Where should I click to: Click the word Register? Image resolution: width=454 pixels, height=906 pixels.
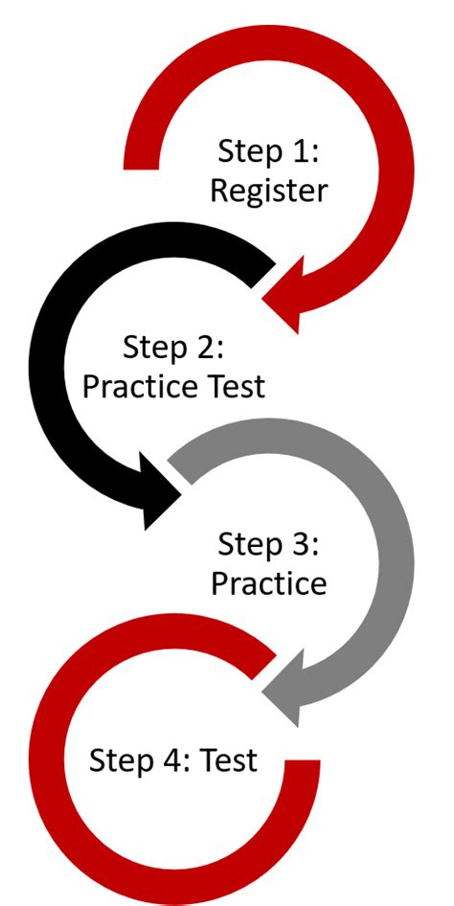268,191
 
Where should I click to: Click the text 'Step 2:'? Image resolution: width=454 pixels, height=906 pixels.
173,347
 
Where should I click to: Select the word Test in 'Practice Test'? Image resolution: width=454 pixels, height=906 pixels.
231,387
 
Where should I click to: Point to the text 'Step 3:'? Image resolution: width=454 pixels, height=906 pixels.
268,544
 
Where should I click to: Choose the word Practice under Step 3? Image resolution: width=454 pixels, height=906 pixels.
268,583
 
